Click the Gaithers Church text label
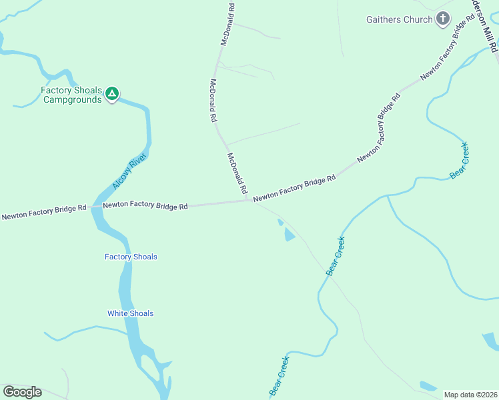(400, 19)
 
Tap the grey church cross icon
(443, 19)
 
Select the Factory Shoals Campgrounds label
(71, 95)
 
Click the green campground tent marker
(113, 94)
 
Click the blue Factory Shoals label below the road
(131, 257)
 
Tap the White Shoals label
(130, 313)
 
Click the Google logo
(22, 392)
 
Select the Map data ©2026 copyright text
(470, 395)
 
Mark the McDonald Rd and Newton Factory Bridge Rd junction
(249, 200)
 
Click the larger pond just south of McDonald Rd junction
(289, 234)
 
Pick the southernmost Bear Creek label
(279, 376)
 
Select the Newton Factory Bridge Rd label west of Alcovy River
(44, 212)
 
